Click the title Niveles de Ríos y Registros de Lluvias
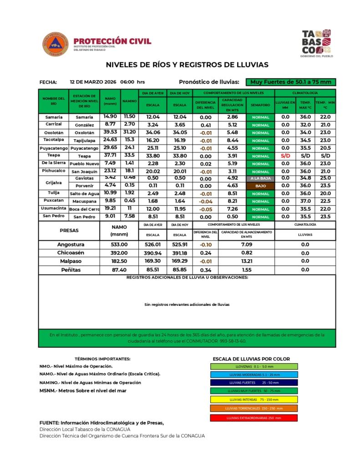click(x=187, y=65)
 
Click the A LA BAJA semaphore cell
click(x=260, y=178)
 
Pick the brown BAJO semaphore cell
click(x=260, y=186)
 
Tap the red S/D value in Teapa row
click(x=285, y=155)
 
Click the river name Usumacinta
click(x=53, y=208)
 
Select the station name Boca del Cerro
click(x=84, y=209)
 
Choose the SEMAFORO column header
click(x=260, y=105)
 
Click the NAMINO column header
click(x=129, y=101)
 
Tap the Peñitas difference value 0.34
click(x=205, y=270)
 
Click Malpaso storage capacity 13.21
click(x=246, y=261)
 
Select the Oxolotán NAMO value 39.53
click(x=110, y=132)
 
